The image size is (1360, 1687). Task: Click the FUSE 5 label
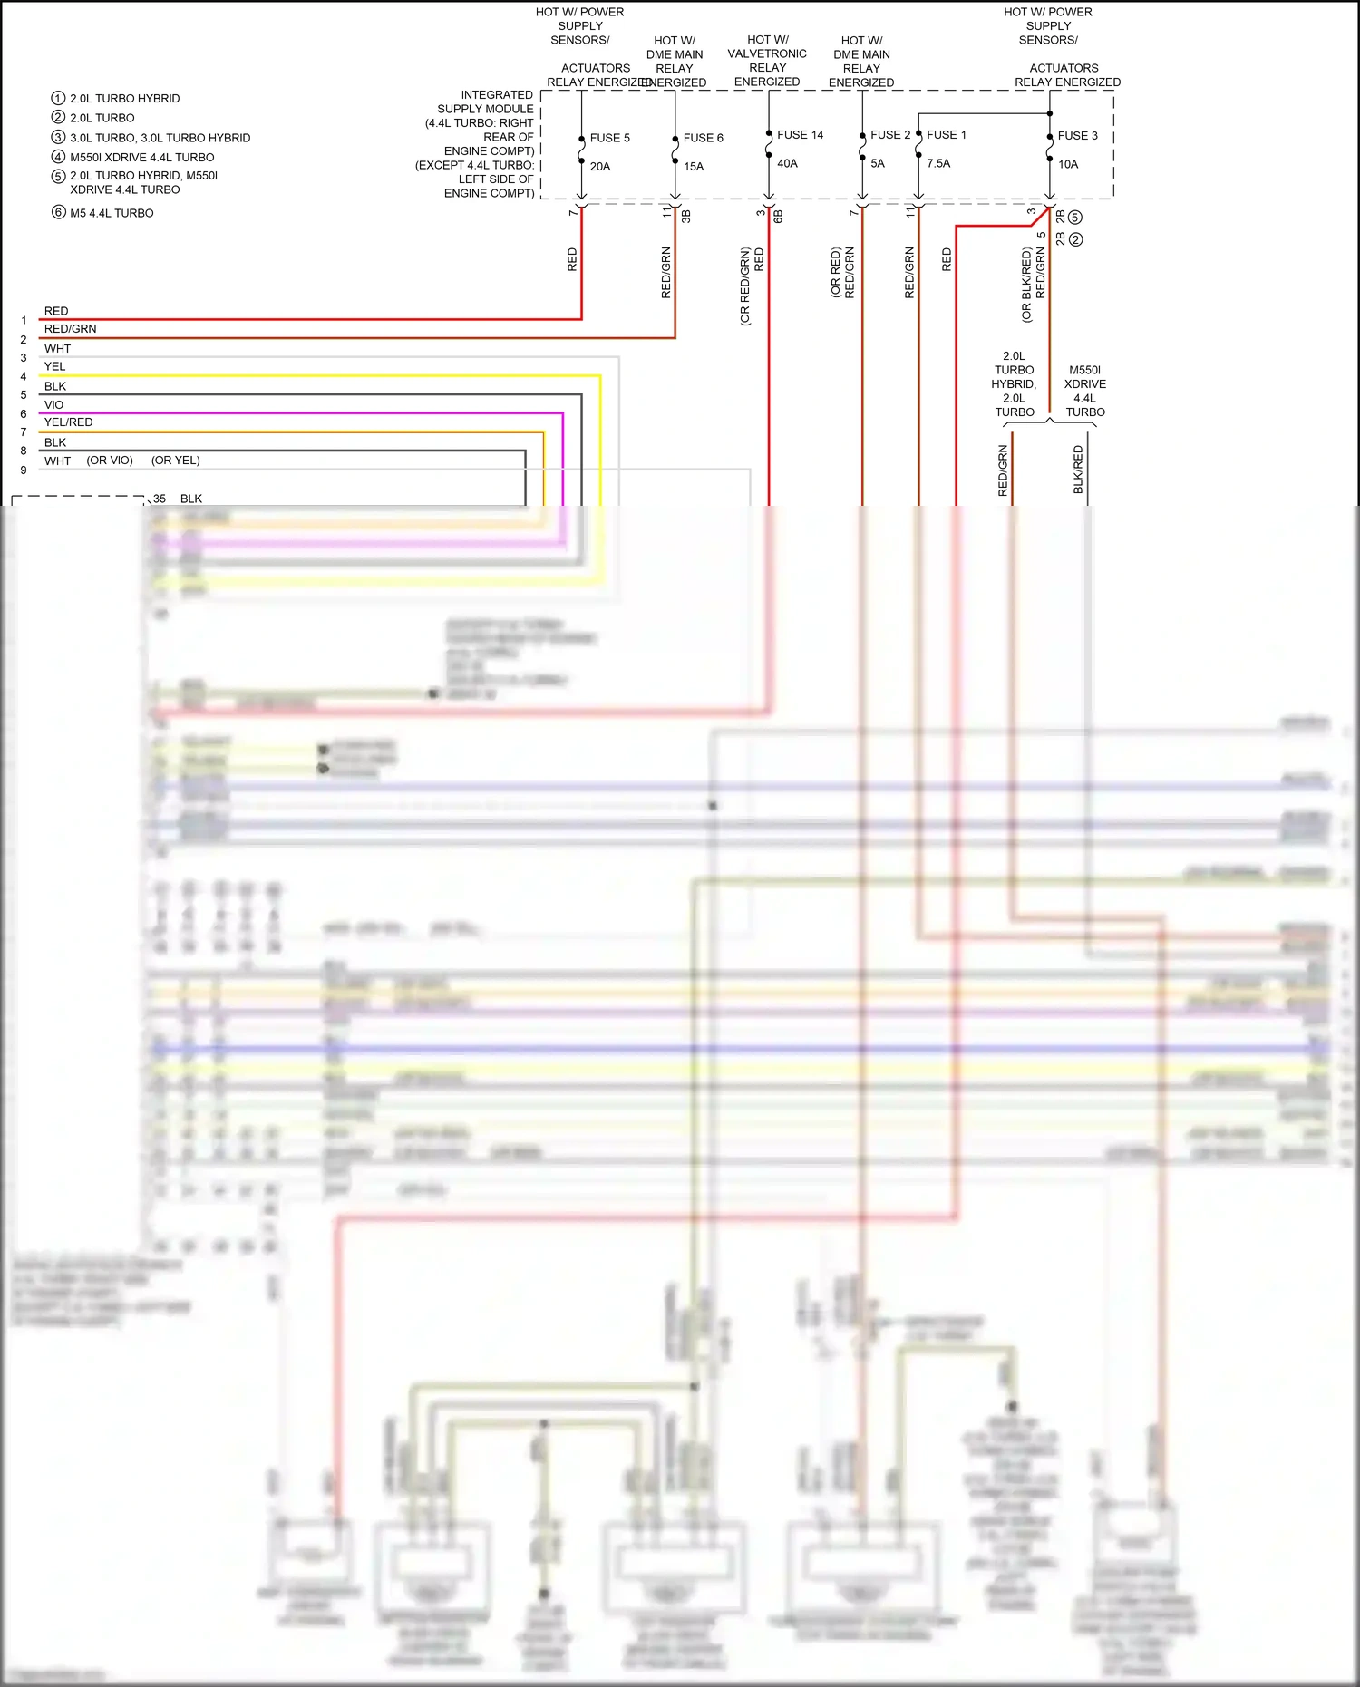point(609,138)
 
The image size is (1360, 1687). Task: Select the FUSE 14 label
point(800,135)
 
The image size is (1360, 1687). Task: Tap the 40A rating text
point(787,164)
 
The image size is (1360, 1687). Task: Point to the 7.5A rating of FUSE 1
point(938,164)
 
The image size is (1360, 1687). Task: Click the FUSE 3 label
point(1077,136)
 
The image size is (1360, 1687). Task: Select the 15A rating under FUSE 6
point(694,167)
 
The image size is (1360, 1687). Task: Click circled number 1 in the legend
point(58,98)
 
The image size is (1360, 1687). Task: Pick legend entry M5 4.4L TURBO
point(112,213)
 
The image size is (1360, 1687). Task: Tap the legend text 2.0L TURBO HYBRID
point(124,99)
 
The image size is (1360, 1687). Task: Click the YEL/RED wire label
point(68,422)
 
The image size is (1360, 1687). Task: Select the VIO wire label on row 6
point(53,405)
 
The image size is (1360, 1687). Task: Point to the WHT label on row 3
point(57,349)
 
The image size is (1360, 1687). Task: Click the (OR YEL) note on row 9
point(175,461)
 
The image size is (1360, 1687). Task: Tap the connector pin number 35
point(160,499)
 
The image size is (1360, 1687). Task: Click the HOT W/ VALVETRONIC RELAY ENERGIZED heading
point(767,61)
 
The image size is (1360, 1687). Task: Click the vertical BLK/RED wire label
point(1078,470)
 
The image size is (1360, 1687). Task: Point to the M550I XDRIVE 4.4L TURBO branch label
point(1084,391)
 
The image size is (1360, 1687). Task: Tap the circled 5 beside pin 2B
point(1075,218)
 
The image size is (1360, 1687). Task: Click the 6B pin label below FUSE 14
point(778,216)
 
